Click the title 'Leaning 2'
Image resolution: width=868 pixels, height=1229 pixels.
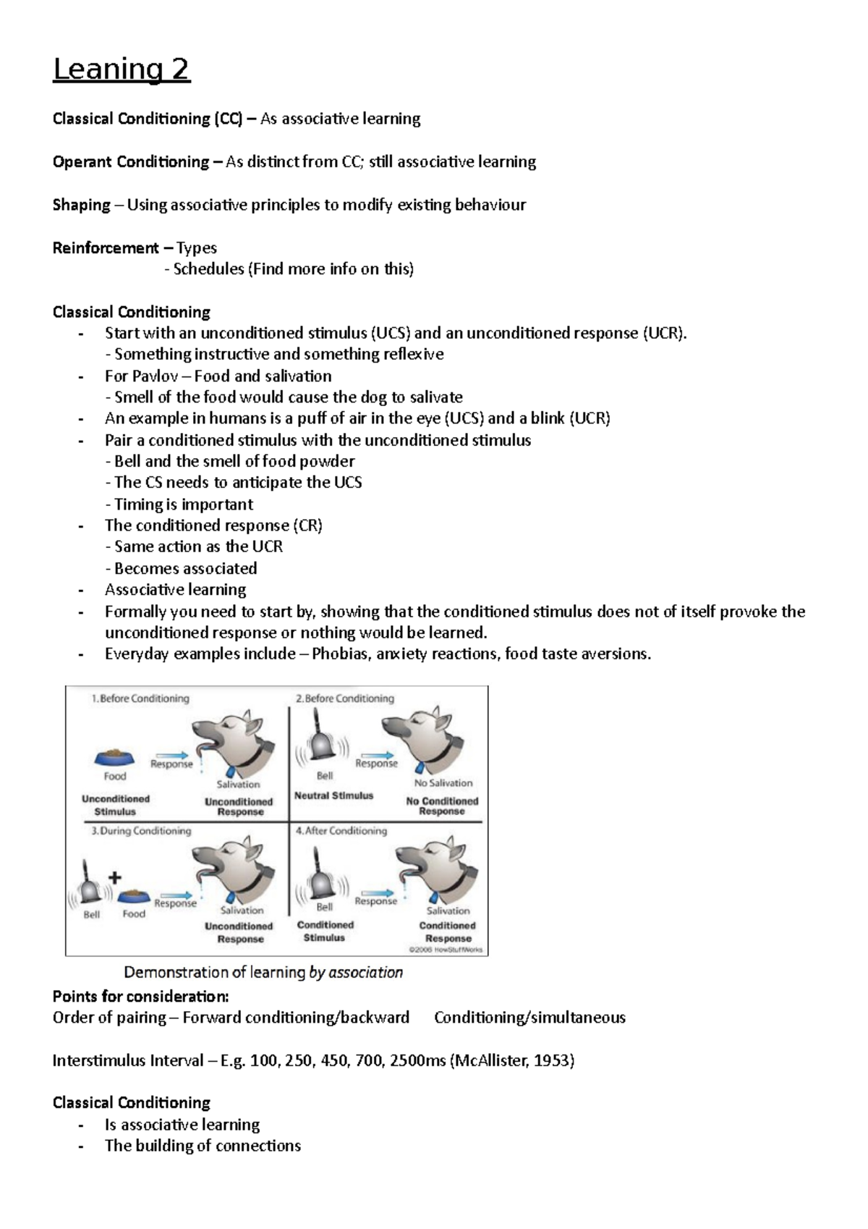click(121, 69)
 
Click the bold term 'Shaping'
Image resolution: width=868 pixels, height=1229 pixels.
click(81, 205)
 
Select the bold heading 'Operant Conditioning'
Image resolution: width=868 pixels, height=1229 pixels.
click(130, 162)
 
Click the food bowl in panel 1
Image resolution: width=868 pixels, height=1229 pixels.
click(114, 758)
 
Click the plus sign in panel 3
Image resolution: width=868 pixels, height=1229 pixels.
click(114, 878)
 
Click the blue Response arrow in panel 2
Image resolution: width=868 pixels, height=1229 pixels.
click(377, 755)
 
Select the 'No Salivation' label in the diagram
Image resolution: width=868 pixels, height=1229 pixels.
click(443, 783)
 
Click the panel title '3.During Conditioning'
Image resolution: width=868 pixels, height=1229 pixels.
click(141, 831)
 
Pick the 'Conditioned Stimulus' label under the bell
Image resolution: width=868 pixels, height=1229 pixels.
click(325, 932)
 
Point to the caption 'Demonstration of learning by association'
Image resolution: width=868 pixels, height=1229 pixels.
click(263, 973)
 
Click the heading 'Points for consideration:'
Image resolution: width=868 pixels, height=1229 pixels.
click(140, 997)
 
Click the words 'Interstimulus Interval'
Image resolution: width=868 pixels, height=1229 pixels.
click(127, 1061)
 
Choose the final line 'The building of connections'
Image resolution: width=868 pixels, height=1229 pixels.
click(203, 1146)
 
